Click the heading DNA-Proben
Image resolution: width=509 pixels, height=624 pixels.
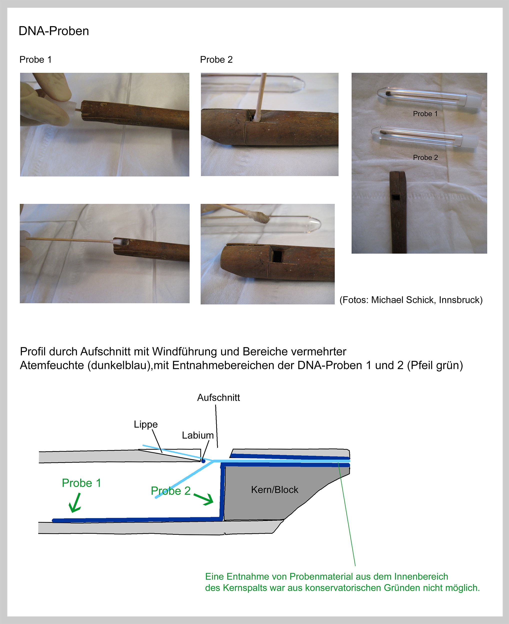(54, 31)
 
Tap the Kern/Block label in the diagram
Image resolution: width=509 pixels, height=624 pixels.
(274, 490)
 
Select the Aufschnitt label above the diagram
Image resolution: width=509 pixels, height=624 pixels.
(218, 398)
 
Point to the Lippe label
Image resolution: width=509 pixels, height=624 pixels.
(146, 425)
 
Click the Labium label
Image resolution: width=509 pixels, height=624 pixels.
(198, 435)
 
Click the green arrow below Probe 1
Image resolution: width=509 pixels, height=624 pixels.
(75, 503)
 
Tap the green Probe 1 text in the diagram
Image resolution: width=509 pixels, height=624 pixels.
(81, 483)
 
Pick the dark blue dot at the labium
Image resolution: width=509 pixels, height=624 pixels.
(203, 461)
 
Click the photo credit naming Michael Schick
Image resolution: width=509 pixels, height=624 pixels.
(411, 300)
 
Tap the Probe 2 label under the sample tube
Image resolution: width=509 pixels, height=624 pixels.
(425, 158)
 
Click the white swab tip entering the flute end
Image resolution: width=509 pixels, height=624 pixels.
(116, 242)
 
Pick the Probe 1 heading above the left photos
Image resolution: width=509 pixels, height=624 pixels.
(35, 59)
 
